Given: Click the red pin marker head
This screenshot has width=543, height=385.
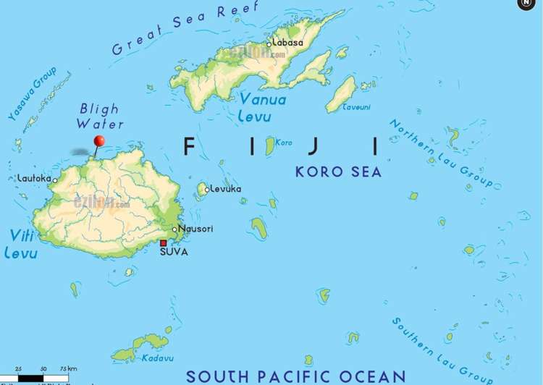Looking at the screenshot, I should click(x=99, y=140).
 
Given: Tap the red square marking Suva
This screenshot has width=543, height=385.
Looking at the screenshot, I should click(x=164, y=243).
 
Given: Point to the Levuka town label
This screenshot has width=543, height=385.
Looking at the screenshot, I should click(x=226, y=190).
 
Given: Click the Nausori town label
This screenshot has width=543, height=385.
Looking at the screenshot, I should click(x=195, y=229).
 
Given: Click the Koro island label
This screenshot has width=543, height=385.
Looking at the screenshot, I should click(x=284, y=143).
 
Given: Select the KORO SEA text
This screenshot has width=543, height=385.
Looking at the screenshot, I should click(x=338, y=172).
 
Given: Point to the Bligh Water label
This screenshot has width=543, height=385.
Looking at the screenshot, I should click(x=99, y=116).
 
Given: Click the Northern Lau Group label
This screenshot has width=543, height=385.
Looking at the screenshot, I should click(x=442, y=153).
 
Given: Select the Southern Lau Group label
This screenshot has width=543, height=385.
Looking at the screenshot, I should click(x=443, y=350).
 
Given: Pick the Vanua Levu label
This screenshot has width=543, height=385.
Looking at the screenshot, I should click(x=263, y=107).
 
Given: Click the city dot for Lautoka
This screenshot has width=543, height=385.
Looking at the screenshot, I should click(x=55, y=180).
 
